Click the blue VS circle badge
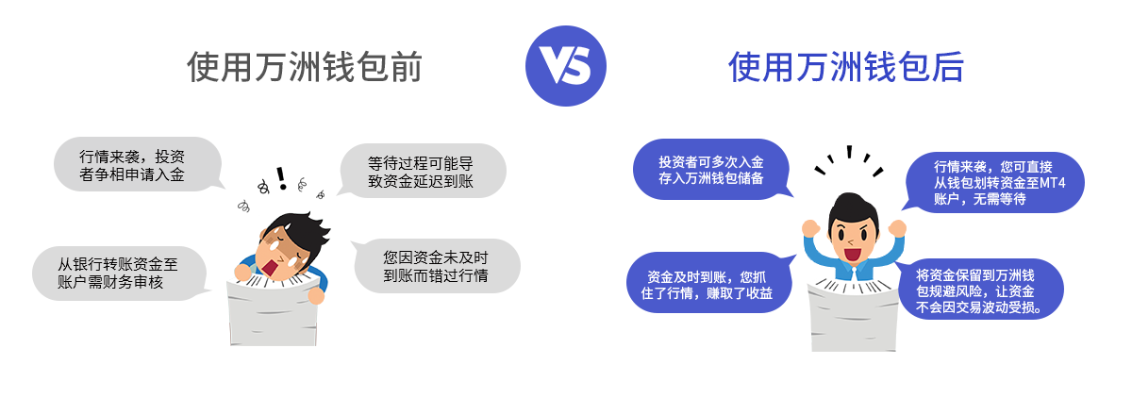566,67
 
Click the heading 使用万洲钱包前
305,68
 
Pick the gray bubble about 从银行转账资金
117,273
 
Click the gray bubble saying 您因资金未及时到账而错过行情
436,265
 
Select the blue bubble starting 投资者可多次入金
710,169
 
